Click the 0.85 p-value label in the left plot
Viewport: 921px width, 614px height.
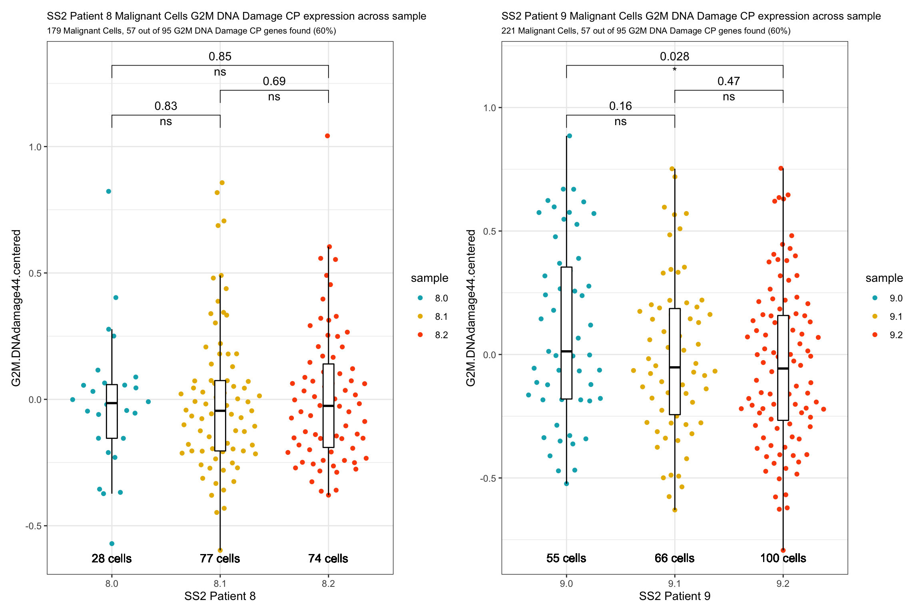[x=220, y=56]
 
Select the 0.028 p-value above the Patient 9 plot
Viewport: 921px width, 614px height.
[x=674, y=56]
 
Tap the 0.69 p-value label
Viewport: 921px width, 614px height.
[x=274, y=81]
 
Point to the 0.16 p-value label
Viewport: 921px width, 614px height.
[x=620, y=106]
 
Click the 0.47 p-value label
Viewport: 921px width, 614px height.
[x=728, y=81]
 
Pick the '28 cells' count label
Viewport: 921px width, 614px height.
[x=112, y=558]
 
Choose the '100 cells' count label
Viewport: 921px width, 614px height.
[x=783, y=558]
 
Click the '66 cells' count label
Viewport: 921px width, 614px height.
[x=674, y=558]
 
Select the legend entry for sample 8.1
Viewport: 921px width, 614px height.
[x=434, y=317]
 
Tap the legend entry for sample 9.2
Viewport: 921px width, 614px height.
[x=888, y=335]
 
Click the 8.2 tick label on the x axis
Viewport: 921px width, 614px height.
[x=328, y=584]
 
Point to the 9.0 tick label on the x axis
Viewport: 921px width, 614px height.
[x=566, y=584]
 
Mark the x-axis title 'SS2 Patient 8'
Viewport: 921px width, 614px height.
[x=220, y=596]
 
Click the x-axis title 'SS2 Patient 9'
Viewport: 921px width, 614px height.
[x=674, y=596]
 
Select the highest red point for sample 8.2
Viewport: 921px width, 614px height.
[x=327, y=136]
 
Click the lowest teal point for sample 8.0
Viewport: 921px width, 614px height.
[x=112, y=544]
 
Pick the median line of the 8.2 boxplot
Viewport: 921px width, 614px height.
[x=328, y=406]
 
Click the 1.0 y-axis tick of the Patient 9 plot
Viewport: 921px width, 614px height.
[x=489, y=108]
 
